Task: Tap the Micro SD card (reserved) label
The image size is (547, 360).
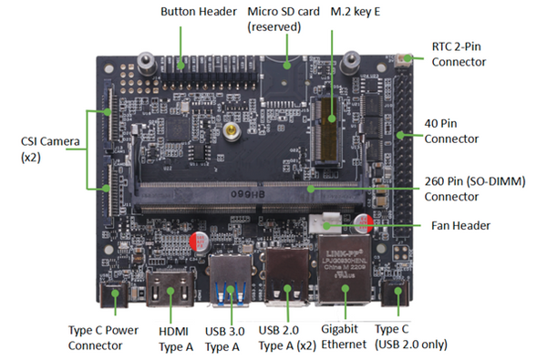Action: click(283, 20)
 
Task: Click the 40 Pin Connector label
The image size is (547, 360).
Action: click(452, 131)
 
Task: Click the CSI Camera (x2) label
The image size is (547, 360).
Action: click(40, 149)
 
